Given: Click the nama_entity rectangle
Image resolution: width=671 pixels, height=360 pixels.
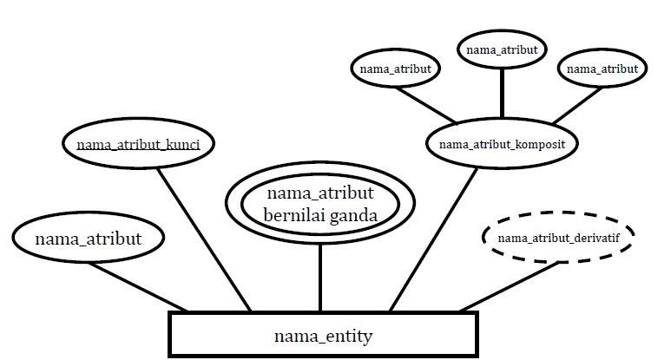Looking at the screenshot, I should (323, 335).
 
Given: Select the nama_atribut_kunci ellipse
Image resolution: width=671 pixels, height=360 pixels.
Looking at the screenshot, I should (139, 143).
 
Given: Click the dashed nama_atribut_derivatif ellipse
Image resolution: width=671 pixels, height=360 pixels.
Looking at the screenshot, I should (557, 236).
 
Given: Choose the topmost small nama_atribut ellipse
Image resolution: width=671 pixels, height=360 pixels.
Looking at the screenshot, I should (502, 49).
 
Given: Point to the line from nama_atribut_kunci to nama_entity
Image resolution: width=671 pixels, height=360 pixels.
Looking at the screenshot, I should (206, 239).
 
